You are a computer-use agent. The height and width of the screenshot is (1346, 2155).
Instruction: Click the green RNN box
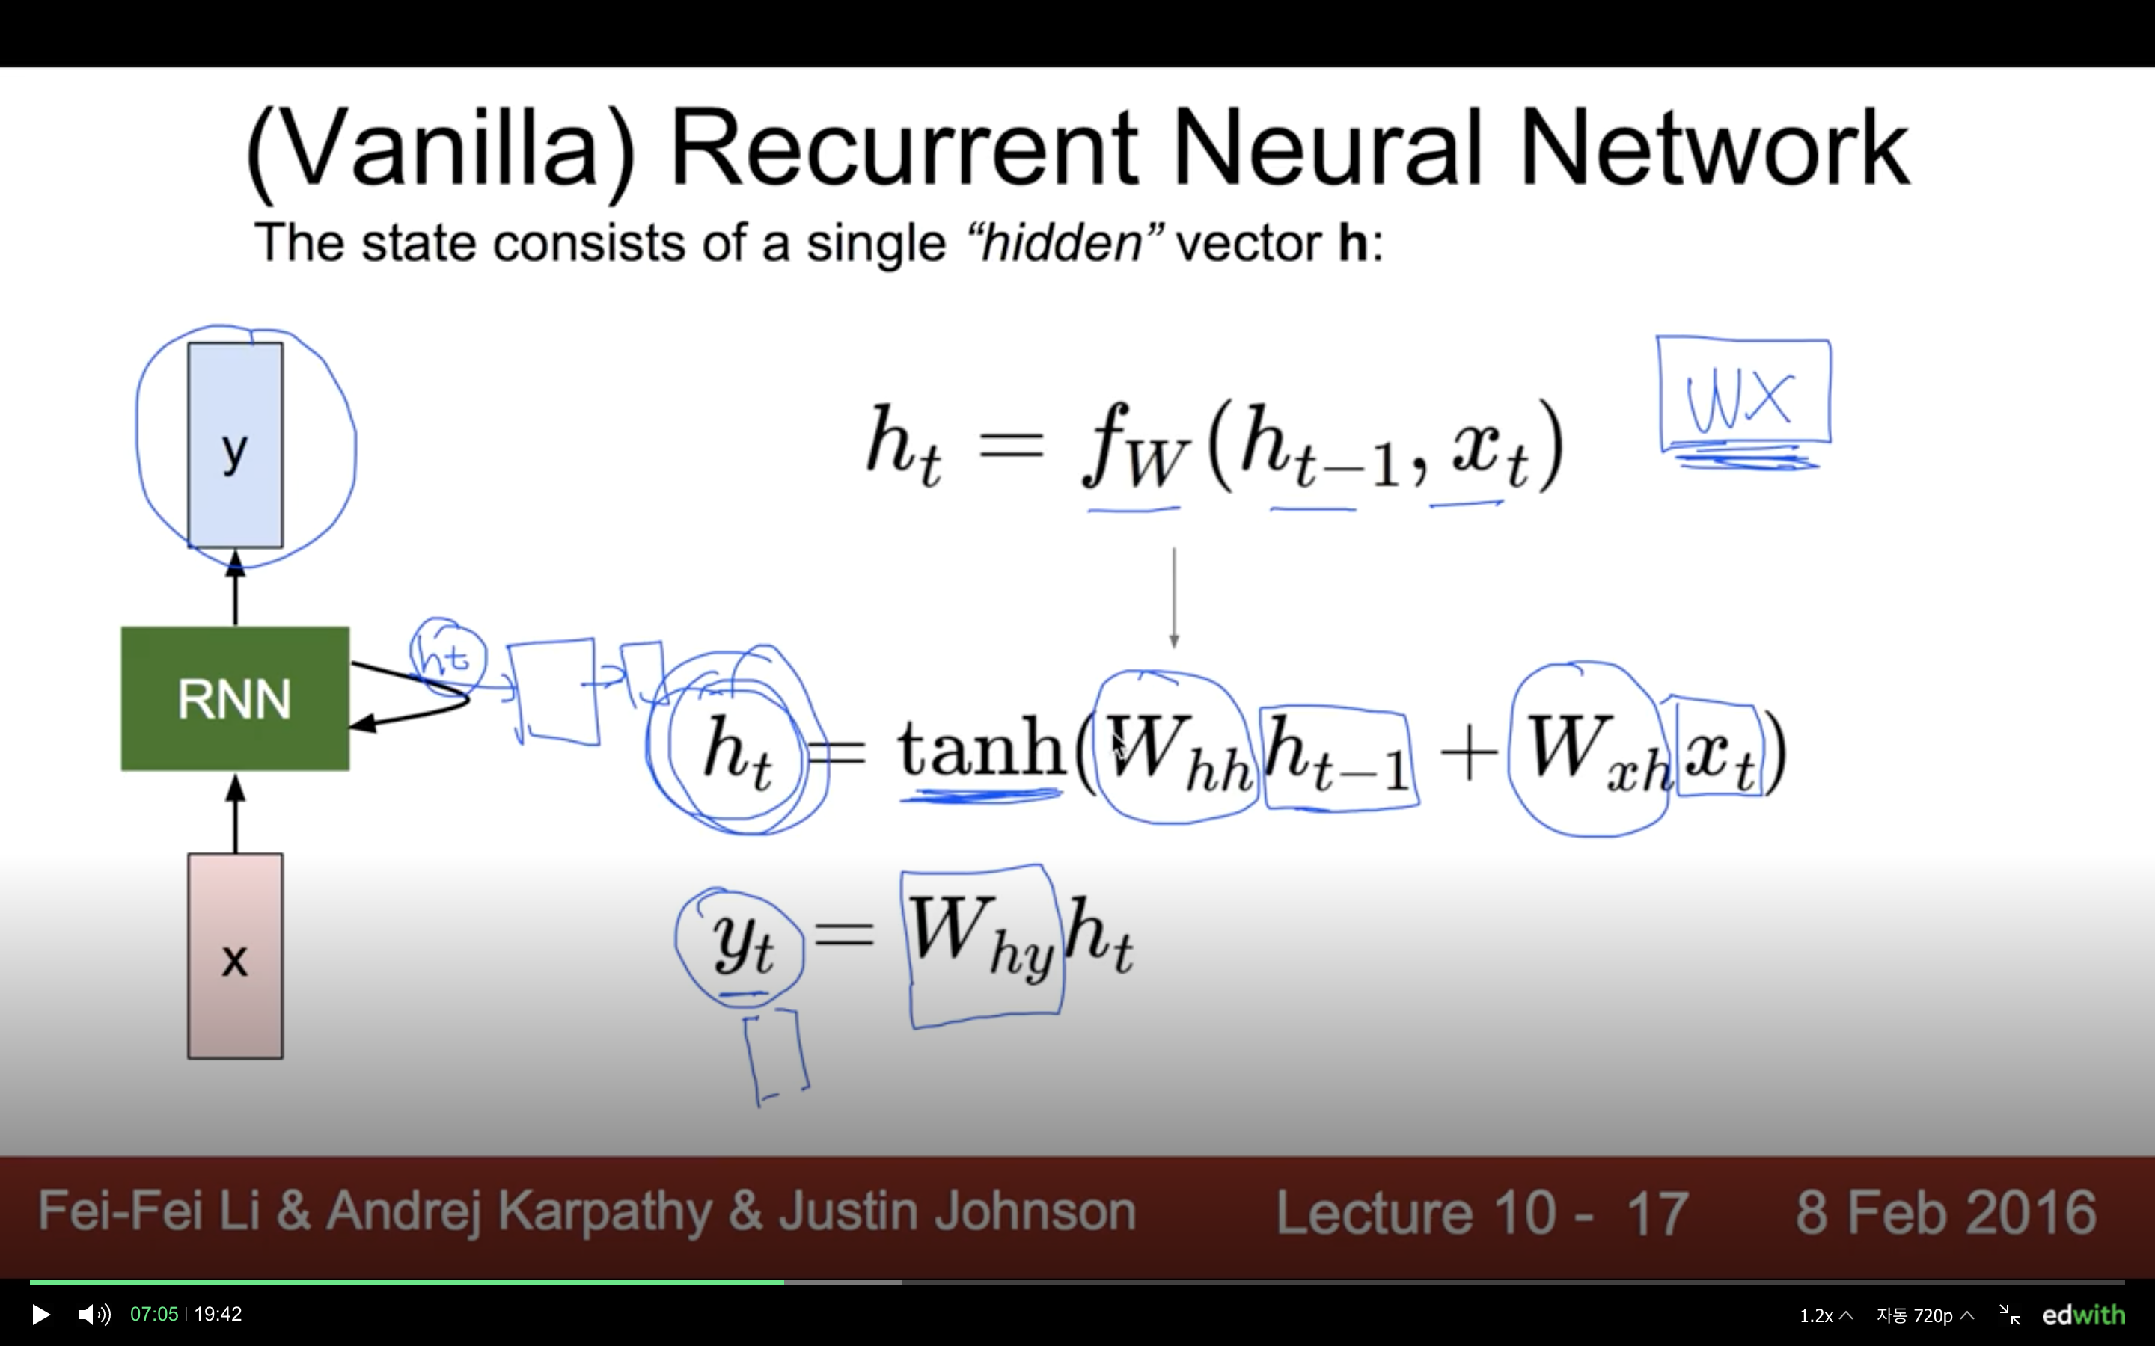235,699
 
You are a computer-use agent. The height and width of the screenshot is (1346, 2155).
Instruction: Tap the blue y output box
235,445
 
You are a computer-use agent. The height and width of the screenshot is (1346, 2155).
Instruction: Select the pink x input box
235,957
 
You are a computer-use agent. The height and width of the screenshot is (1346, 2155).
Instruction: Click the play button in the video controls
41,1314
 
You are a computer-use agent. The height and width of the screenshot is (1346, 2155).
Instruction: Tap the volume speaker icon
94,1314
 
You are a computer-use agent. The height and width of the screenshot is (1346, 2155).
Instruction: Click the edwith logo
2083,1315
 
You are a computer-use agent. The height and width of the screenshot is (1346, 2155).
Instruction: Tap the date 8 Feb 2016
1945,1212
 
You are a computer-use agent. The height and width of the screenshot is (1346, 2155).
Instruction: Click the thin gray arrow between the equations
1174,597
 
